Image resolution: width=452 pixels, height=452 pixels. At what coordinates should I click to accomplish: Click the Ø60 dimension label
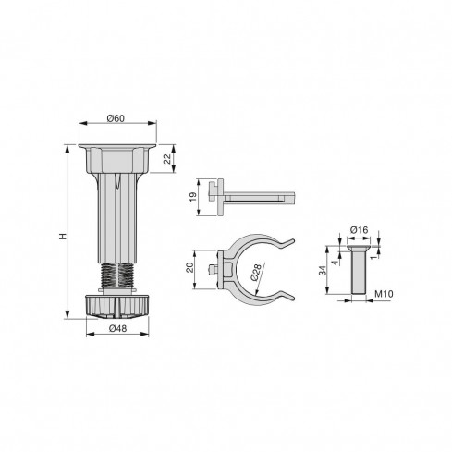(116, 118)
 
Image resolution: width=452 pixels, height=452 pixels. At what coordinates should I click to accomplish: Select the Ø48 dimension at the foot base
(116, 329)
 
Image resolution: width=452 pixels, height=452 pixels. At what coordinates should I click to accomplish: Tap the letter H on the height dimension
(61, 238)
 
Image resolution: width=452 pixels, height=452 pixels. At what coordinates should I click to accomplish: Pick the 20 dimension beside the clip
(191, 269)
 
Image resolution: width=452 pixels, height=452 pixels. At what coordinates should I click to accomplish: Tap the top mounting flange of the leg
(116, 148)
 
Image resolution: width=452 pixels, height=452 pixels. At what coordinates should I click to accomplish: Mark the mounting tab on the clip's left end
(218, 269)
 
